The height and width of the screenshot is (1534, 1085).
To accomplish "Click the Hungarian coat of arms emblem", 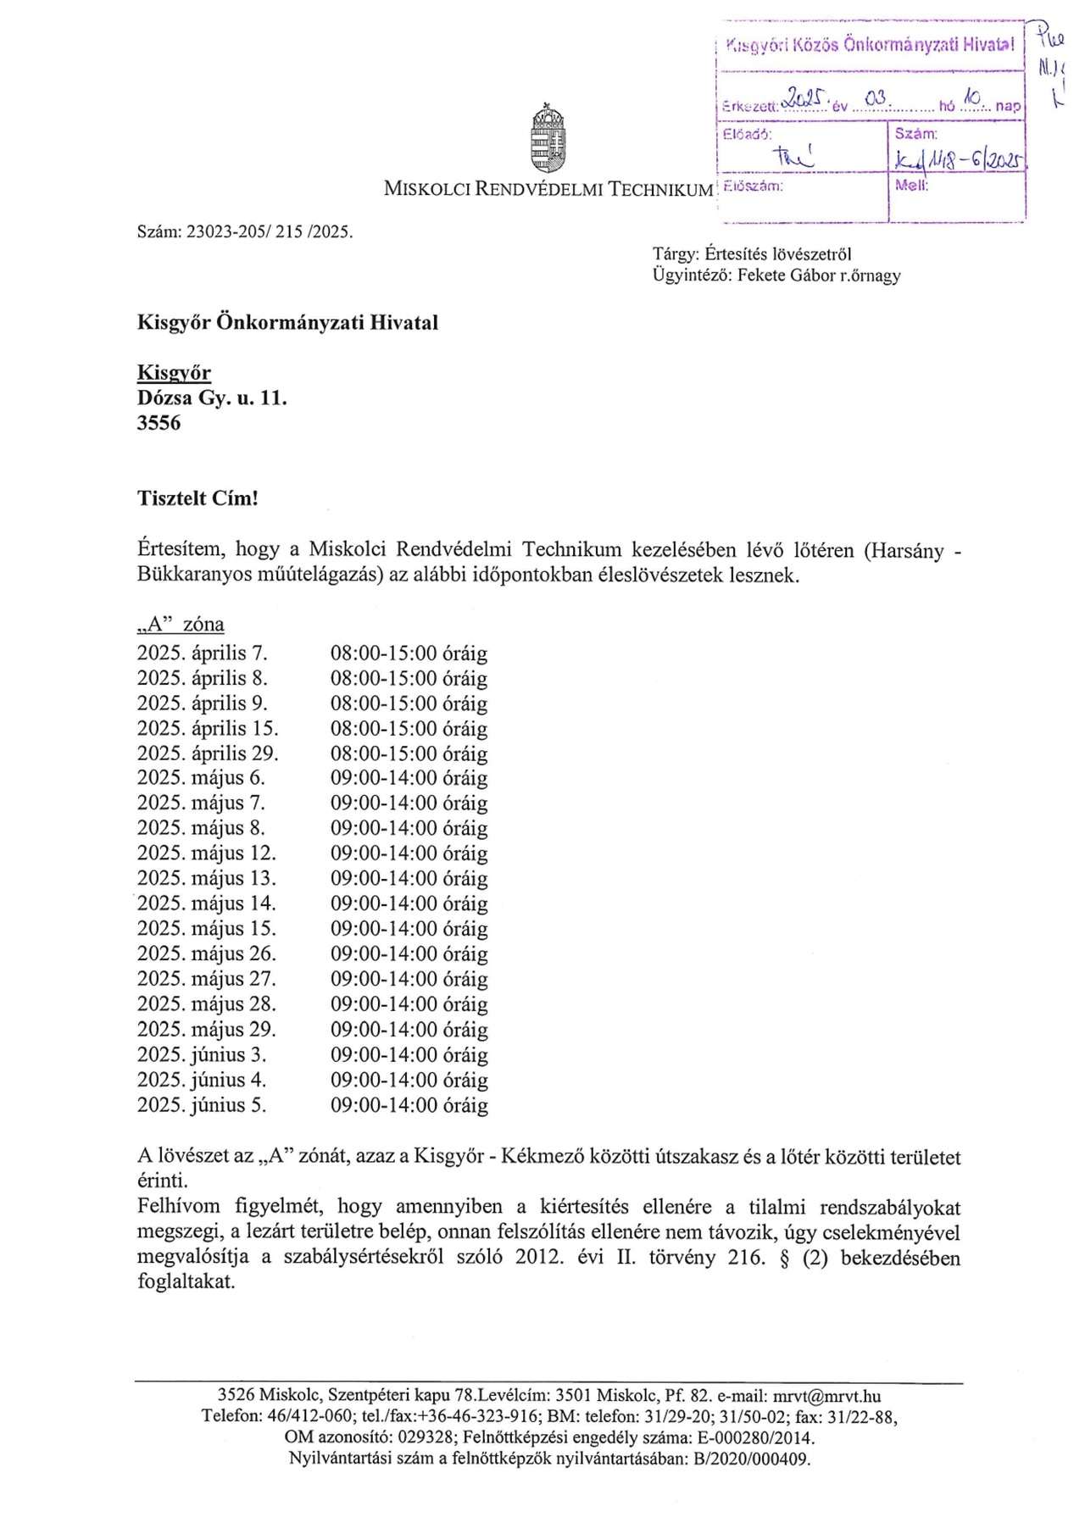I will click(x=548, y=138).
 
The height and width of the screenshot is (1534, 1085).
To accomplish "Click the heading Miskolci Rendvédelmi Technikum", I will click(x=548, y=189).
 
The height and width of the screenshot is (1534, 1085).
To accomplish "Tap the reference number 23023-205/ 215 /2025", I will click(x=269, y=231).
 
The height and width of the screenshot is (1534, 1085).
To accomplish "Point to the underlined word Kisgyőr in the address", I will click(x=174, y=373).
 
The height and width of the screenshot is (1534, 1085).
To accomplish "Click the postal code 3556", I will click(x=159, y=423).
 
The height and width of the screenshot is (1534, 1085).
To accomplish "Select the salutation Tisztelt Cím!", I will click(x=198, y=498).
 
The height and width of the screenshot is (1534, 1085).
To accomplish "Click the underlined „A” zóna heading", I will click(x=181, y=625).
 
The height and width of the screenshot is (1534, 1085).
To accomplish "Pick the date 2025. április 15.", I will click(x=208, y=729).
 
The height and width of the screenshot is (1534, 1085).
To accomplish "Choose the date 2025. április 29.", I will click(x=208, y=753).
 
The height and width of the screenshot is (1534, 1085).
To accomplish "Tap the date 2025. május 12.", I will click(x=207, y=853).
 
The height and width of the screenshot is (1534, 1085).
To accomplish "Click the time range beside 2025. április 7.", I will click(x=409, y=653).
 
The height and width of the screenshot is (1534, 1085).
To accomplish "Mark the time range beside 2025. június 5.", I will click(x=409, y=1105).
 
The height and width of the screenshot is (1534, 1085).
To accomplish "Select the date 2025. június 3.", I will click(x=202, y=1055).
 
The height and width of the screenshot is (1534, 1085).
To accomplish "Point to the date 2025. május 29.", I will click(x=207, y=1030).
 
